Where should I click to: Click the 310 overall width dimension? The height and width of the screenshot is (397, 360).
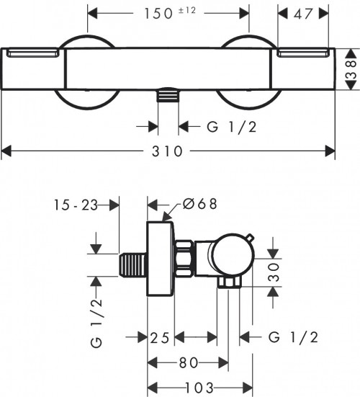tap(168, 152)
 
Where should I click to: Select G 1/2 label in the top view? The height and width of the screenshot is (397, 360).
tap(227, 127)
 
